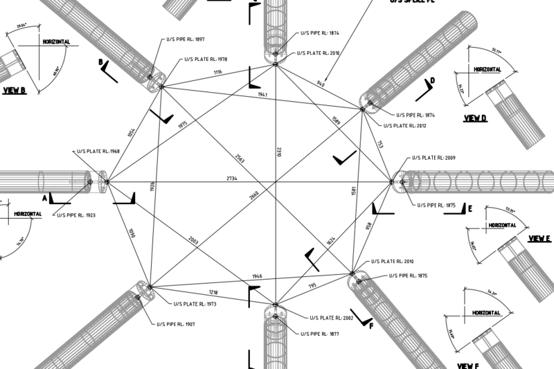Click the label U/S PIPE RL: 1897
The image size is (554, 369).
click(x=182, y=39)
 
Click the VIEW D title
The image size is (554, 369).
click(x=476, y=118)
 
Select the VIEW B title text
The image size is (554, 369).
click(x=14, y=91)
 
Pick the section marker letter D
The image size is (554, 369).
click(x=432, y=81)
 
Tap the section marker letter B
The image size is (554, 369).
click(x=101, y=62)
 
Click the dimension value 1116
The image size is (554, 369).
click(x=217, y=72)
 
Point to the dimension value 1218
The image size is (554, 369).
click(x=214, y=293)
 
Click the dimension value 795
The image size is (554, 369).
click(x=312, y=286)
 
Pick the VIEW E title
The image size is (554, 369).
click(x=539, y=239)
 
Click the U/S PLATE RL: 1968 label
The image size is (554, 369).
click(x=96, y=151)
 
